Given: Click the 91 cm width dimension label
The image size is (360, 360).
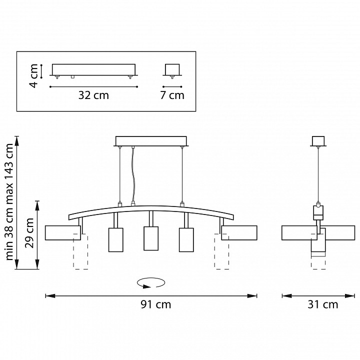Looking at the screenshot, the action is click(156, 304).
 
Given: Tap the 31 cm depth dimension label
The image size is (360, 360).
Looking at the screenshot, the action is click(323, 304).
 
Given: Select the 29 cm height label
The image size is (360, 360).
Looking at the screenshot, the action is click(29, 233).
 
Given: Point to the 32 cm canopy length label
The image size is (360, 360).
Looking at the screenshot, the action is click(93, 95).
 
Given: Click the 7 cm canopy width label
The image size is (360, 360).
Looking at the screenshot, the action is click(172, 95).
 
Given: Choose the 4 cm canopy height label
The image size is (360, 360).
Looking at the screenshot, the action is click(33, 76).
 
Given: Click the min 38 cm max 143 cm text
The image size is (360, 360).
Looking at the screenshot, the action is click(9, 202).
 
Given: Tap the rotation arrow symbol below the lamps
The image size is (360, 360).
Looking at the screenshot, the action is click(151, 283).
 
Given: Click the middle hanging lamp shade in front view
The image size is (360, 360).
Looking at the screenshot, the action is click(151, 238).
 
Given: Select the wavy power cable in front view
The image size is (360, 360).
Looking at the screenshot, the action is click(132, 174).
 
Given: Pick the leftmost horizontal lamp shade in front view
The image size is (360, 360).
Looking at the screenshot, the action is click(63, 233).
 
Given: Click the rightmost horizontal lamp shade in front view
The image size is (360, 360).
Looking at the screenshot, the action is click(239, 233).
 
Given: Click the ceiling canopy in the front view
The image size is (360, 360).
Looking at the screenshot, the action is click(151, 141).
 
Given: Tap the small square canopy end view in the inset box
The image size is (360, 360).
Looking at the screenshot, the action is click(172, 69).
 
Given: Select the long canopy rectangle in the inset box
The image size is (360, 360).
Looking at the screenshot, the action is click(93, 69).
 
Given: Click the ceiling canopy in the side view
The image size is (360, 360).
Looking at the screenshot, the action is click(318, 141).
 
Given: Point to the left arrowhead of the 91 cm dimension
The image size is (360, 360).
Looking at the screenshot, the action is click(50, 296).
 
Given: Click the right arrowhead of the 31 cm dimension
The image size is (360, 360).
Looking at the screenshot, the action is click(350, 296).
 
